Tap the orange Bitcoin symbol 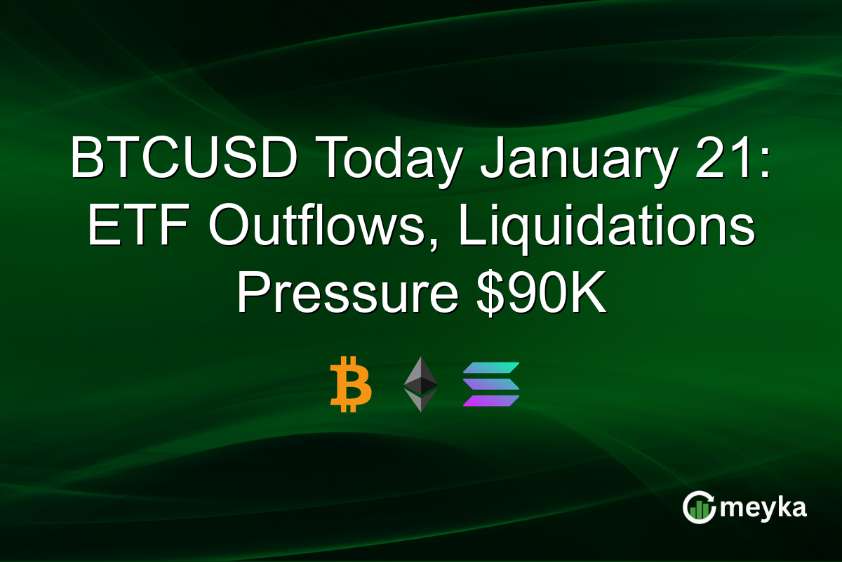coord(350,384)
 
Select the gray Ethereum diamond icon coord(420,384)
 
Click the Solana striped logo coord(490,384)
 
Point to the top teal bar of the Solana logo coord(490,368)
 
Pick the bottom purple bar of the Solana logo coord(490,400)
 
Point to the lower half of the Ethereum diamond coord(420,400)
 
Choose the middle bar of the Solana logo coord(490,384)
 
